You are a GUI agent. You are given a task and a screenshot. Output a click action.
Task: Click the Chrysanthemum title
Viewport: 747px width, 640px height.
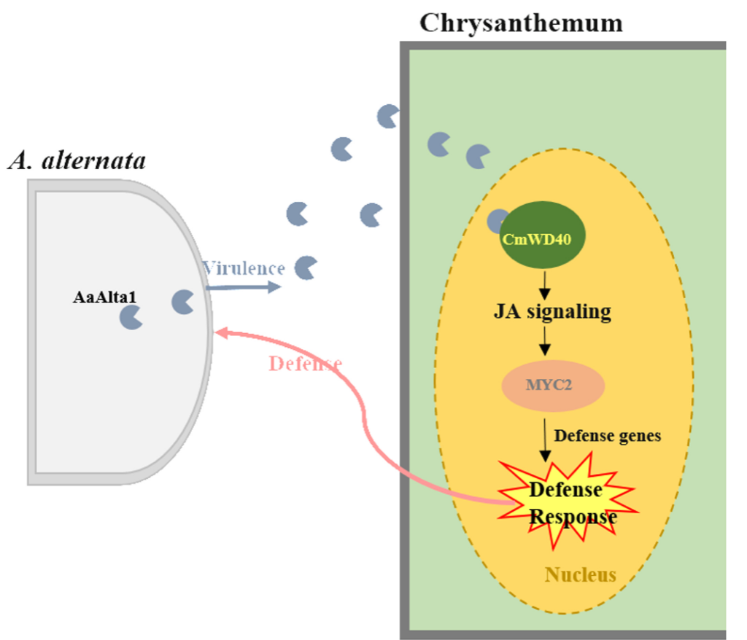tap(521, 23)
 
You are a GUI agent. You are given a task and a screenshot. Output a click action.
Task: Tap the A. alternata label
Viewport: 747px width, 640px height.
tap(77, 160)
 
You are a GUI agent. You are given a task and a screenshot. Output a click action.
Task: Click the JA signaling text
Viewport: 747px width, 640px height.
tap(551, 312)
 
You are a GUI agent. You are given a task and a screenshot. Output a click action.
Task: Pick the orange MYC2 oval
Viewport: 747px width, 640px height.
tap(552, 384)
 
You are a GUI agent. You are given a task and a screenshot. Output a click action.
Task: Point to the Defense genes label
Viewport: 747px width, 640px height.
tap(607, 436)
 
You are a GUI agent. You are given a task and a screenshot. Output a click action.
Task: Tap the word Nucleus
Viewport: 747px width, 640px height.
tap(580, 575)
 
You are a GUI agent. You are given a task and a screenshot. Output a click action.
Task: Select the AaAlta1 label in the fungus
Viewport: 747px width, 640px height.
tap(104, 297)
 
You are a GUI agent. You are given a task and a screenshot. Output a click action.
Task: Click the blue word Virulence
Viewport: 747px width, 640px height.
tap(244, 268)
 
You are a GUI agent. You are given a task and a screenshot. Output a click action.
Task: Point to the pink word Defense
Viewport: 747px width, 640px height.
tap(305, 363)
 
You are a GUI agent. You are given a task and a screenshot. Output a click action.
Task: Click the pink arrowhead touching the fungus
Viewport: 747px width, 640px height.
tap(220, 332)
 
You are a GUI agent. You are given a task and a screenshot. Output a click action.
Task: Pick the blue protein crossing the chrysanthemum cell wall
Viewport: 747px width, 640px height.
tap(387, 117)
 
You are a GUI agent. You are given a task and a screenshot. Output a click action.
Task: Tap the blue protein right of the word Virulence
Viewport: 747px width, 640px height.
tap(305, 268)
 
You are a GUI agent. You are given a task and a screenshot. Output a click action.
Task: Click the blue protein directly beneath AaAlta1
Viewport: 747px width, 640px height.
tap(131, 317)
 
